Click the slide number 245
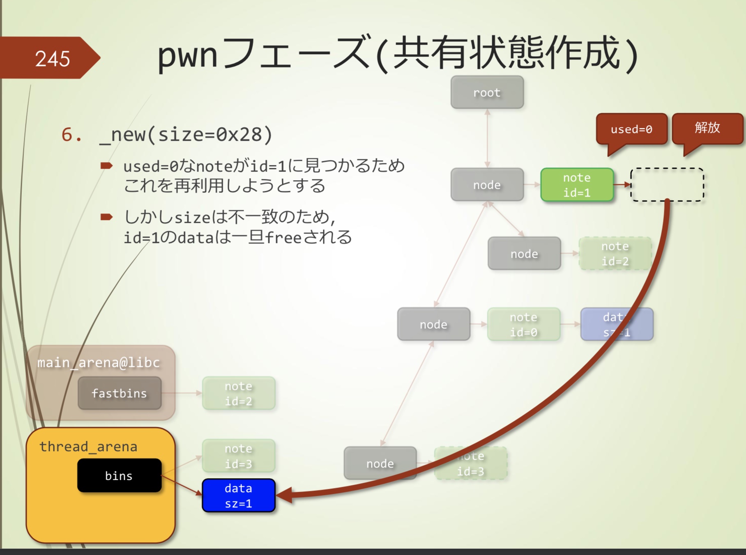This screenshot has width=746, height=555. click(52, 59)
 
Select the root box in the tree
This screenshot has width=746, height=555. click(487, 92)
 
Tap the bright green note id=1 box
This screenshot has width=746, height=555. click(577, 185)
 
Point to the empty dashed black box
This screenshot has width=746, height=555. click(667, 184)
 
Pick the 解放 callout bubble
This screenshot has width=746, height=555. click(707, 128)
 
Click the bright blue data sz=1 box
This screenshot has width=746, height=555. click(238, 495)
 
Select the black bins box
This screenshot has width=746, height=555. click(119, 475)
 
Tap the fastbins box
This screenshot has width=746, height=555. click(119, 393)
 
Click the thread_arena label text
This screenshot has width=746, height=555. click(88, 447)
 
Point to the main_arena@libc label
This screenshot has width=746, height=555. click(99, 362)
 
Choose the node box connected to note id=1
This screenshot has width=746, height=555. click(487, 185)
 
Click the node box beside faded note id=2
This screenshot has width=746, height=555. click(524, 254)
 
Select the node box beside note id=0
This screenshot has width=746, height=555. click(433, 324)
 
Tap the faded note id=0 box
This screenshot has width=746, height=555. click(523, 324)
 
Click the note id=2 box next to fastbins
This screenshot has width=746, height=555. click(238, 393)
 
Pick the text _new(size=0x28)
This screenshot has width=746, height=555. click(186, 135)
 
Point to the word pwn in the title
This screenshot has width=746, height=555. click(187, 55)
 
